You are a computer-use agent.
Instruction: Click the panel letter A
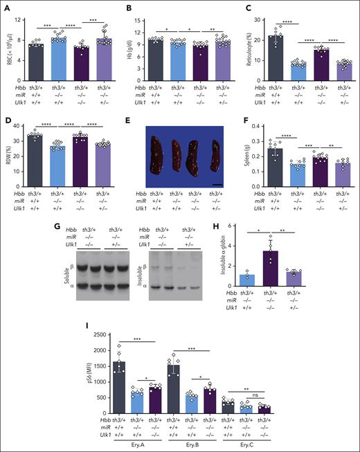[x=6, y=6]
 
